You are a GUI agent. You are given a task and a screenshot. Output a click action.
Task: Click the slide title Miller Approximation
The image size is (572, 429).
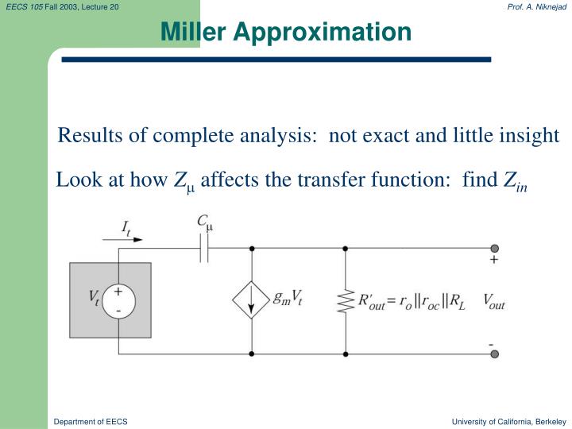[x=286, y=31]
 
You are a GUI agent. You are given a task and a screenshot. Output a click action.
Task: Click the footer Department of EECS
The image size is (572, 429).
[x=91, y=420]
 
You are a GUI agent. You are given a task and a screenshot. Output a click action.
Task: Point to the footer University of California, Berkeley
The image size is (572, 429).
[x=508, y=420]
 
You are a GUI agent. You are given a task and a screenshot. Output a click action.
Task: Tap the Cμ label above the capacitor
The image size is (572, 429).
[x=205, y=224]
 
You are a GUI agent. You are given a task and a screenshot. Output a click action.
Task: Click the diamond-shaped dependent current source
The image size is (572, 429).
[x=252, y=300]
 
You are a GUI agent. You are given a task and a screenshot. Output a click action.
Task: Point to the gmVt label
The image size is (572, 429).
[x=288, y=299]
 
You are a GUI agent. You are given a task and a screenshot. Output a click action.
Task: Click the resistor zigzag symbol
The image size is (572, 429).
[x=346, y=301]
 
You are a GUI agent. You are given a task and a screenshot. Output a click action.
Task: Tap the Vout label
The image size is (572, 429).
[x=493, y=303]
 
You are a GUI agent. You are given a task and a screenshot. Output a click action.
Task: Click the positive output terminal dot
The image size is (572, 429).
[x=494, y=248]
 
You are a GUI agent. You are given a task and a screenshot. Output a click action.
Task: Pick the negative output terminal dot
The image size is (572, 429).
[x=494, y=354]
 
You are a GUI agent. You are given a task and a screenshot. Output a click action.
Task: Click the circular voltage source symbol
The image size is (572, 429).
[x=118, y=301]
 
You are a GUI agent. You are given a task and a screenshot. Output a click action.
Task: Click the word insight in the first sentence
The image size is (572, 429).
[x=532, y=136]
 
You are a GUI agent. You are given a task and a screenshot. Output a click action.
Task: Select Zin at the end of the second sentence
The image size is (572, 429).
[x=516, y=182]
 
